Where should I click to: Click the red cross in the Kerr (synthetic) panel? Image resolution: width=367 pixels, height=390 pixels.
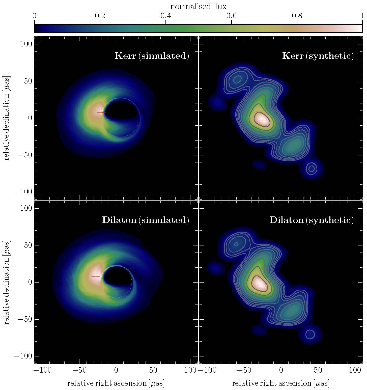pos(263,120)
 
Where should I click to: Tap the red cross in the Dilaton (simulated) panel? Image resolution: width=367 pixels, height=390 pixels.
pos(96,277)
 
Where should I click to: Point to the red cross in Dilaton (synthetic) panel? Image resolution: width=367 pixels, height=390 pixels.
pos(260,285)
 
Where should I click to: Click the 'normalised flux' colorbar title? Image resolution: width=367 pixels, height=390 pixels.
pos(198,7)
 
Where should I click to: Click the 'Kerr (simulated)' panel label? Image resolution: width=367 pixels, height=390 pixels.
pos(152,56)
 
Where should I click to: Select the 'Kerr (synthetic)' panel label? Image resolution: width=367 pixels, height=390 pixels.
pos(318,56)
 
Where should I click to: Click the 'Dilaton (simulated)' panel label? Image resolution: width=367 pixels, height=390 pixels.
pos(146,220)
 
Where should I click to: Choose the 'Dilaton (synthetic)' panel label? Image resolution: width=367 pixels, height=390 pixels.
pos(312,220)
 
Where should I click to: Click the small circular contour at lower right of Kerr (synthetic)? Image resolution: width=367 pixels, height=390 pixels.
pos(312,169)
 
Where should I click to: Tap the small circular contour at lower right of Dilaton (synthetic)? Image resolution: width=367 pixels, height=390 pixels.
pos(310,334)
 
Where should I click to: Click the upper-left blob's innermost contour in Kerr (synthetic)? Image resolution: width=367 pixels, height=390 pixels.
pos(238,80)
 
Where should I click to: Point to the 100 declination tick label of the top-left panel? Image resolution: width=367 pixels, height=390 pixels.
pos(26,44)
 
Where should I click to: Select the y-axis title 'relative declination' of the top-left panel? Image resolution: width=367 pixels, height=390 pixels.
pos(7,118)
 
